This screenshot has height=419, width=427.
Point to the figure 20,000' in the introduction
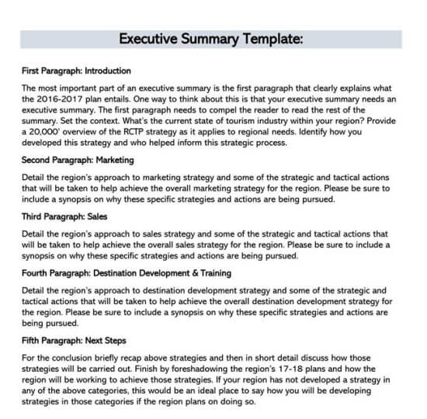(x=49, y=133)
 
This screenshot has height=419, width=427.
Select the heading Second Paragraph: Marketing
(x=78, y=160)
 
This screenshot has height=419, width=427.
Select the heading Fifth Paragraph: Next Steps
(x=75, y=341)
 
